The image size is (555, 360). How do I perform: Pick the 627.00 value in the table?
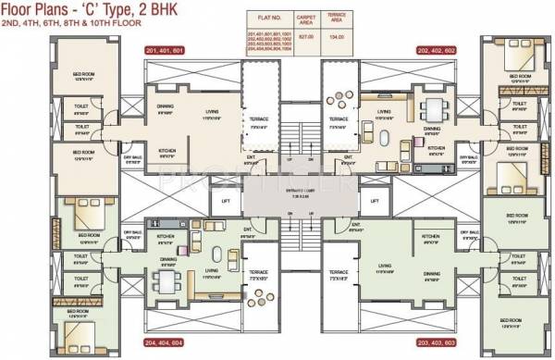coord(304,37)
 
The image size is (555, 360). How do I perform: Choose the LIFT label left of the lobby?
coord(224,201)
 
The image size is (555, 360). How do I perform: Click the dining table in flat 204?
coord(167,278)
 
